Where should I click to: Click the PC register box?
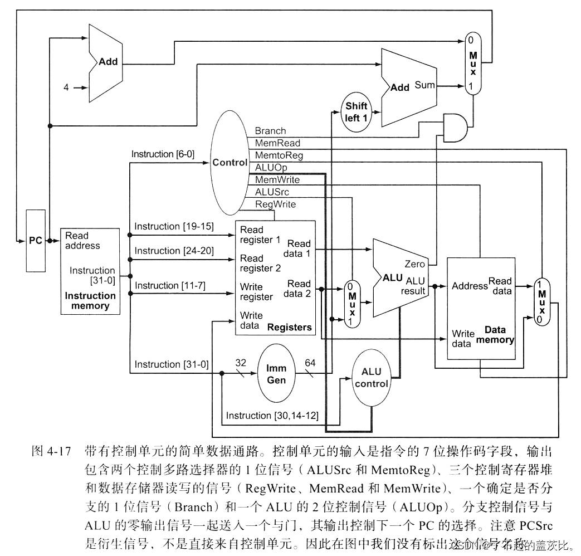pos(36,241)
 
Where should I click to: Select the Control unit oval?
pos(229,163)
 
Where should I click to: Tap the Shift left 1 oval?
pos(356,112)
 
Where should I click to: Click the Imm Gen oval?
pos(276,374)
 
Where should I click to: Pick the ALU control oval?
pos(371,377)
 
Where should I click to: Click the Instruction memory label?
pos(90,301)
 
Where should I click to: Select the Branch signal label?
pos(270,131)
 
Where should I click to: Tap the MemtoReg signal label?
pos(279,155)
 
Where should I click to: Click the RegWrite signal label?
pos(275,204)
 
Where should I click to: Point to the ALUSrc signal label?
pos(272,192)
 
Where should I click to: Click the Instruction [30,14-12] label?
pos(272,416)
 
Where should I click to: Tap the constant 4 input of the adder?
pos(66,87)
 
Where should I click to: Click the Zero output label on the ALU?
pos(415,264)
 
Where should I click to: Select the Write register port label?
pos(256,292)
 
